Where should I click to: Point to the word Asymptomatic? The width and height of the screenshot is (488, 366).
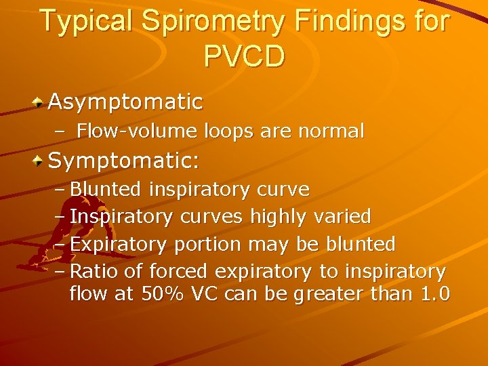click(125, 102)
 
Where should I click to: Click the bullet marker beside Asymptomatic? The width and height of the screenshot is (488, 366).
click(39, 102)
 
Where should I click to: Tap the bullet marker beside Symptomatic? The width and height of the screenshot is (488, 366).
click(39, 161)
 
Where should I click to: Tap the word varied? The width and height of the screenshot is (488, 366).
click(343, 217)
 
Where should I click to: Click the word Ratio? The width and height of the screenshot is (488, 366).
click(95, 272)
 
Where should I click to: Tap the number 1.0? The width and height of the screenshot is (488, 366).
click(434, 296)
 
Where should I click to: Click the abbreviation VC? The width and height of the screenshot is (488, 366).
click(207, 296)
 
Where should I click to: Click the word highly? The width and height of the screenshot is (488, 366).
click(278, 217)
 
